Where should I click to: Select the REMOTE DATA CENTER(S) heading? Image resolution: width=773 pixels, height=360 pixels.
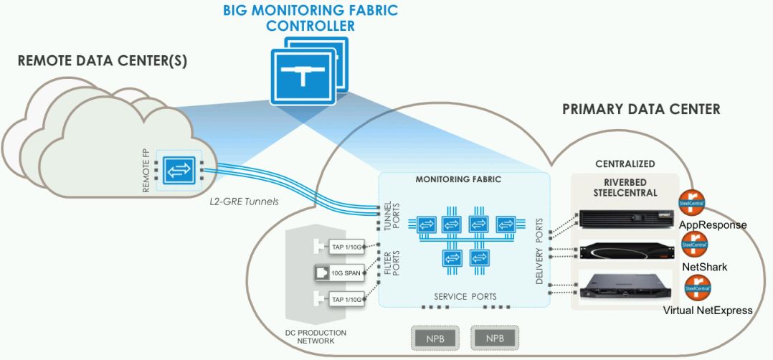[x=103, y=61]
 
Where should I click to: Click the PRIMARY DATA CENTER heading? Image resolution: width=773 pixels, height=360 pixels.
[x=640, y=110]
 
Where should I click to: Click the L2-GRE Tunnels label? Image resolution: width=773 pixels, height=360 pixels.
[x=242, y=202]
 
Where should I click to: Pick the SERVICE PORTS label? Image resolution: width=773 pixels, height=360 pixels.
[x=465, y=296]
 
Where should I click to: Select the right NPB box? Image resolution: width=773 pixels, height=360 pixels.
[x=494, y=337]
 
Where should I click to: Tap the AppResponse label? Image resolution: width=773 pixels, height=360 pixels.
[x=713, y=224]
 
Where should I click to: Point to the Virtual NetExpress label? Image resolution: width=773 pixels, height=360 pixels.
[x=708, y=311]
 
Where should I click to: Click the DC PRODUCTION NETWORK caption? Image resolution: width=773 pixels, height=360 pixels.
[x=321, y=337]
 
